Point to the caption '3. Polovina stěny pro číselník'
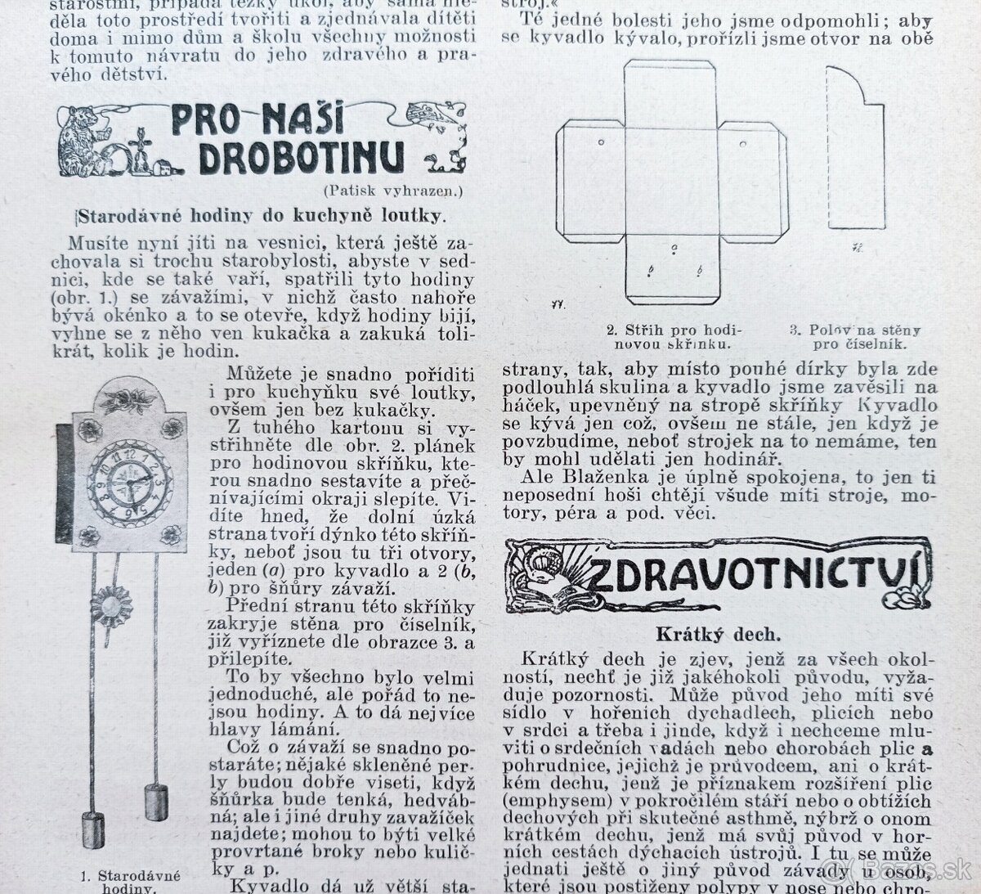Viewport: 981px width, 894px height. click(x=854, y=337)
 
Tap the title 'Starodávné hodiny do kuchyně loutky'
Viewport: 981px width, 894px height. click(x=261, y=215)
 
